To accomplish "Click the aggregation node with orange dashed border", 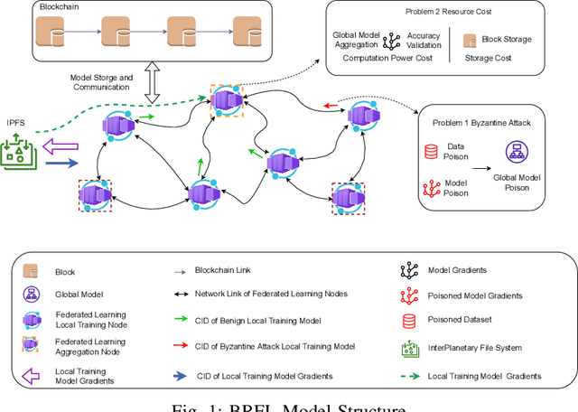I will [x=226, y=101].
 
